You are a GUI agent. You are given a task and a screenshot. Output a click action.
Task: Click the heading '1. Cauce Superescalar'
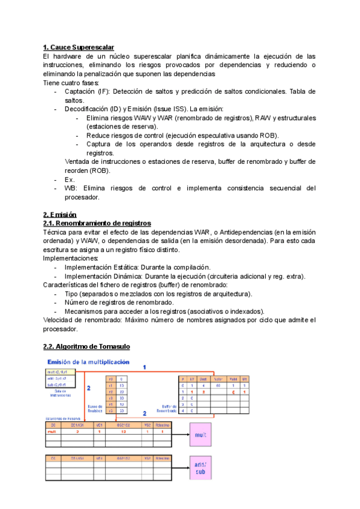(x=79, y=47)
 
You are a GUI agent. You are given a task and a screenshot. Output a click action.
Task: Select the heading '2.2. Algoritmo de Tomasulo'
(x=86, y=346)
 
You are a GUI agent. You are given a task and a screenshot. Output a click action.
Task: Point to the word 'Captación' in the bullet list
(x=80, y=91)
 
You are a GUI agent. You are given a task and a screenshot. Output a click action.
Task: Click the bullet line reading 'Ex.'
(x=70, y=179)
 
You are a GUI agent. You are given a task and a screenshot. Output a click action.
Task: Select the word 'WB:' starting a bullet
(x=71, y=188)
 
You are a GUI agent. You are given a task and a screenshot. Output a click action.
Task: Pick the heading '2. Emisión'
(x=60, y=214)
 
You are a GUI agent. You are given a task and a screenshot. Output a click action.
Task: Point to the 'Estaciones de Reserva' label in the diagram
(x=63, y=418)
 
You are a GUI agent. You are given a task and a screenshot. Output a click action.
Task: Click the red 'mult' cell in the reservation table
(x=52, y=431)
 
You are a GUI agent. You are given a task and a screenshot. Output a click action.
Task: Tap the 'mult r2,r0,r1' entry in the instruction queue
(x=59, y=373)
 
